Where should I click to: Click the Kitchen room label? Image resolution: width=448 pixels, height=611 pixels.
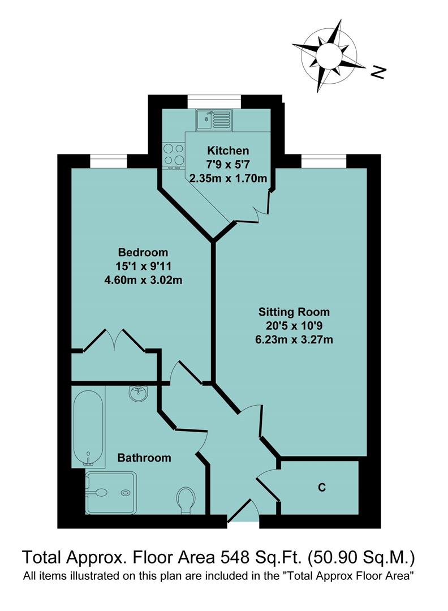coord(227,150)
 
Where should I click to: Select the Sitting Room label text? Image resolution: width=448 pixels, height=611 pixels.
coord(294,311)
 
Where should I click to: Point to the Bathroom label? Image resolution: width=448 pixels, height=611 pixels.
coord(144,458)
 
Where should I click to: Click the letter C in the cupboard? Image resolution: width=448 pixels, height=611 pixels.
coord(321,488)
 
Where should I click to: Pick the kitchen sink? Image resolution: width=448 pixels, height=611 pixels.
coord(214,119)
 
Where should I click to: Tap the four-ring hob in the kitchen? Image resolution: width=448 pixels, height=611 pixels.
coord(174,154)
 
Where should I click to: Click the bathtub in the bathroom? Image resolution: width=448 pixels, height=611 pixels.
coord(88,425)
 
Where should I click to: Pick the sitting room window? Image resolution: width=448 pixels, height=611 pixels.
coord(324,162)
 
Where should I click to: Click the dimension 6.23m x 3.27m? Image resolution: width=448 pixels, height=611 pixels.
coord(294,340)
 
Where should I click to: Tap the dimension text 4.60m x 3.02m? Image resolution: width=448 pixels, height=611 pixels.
coord(143,280)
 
